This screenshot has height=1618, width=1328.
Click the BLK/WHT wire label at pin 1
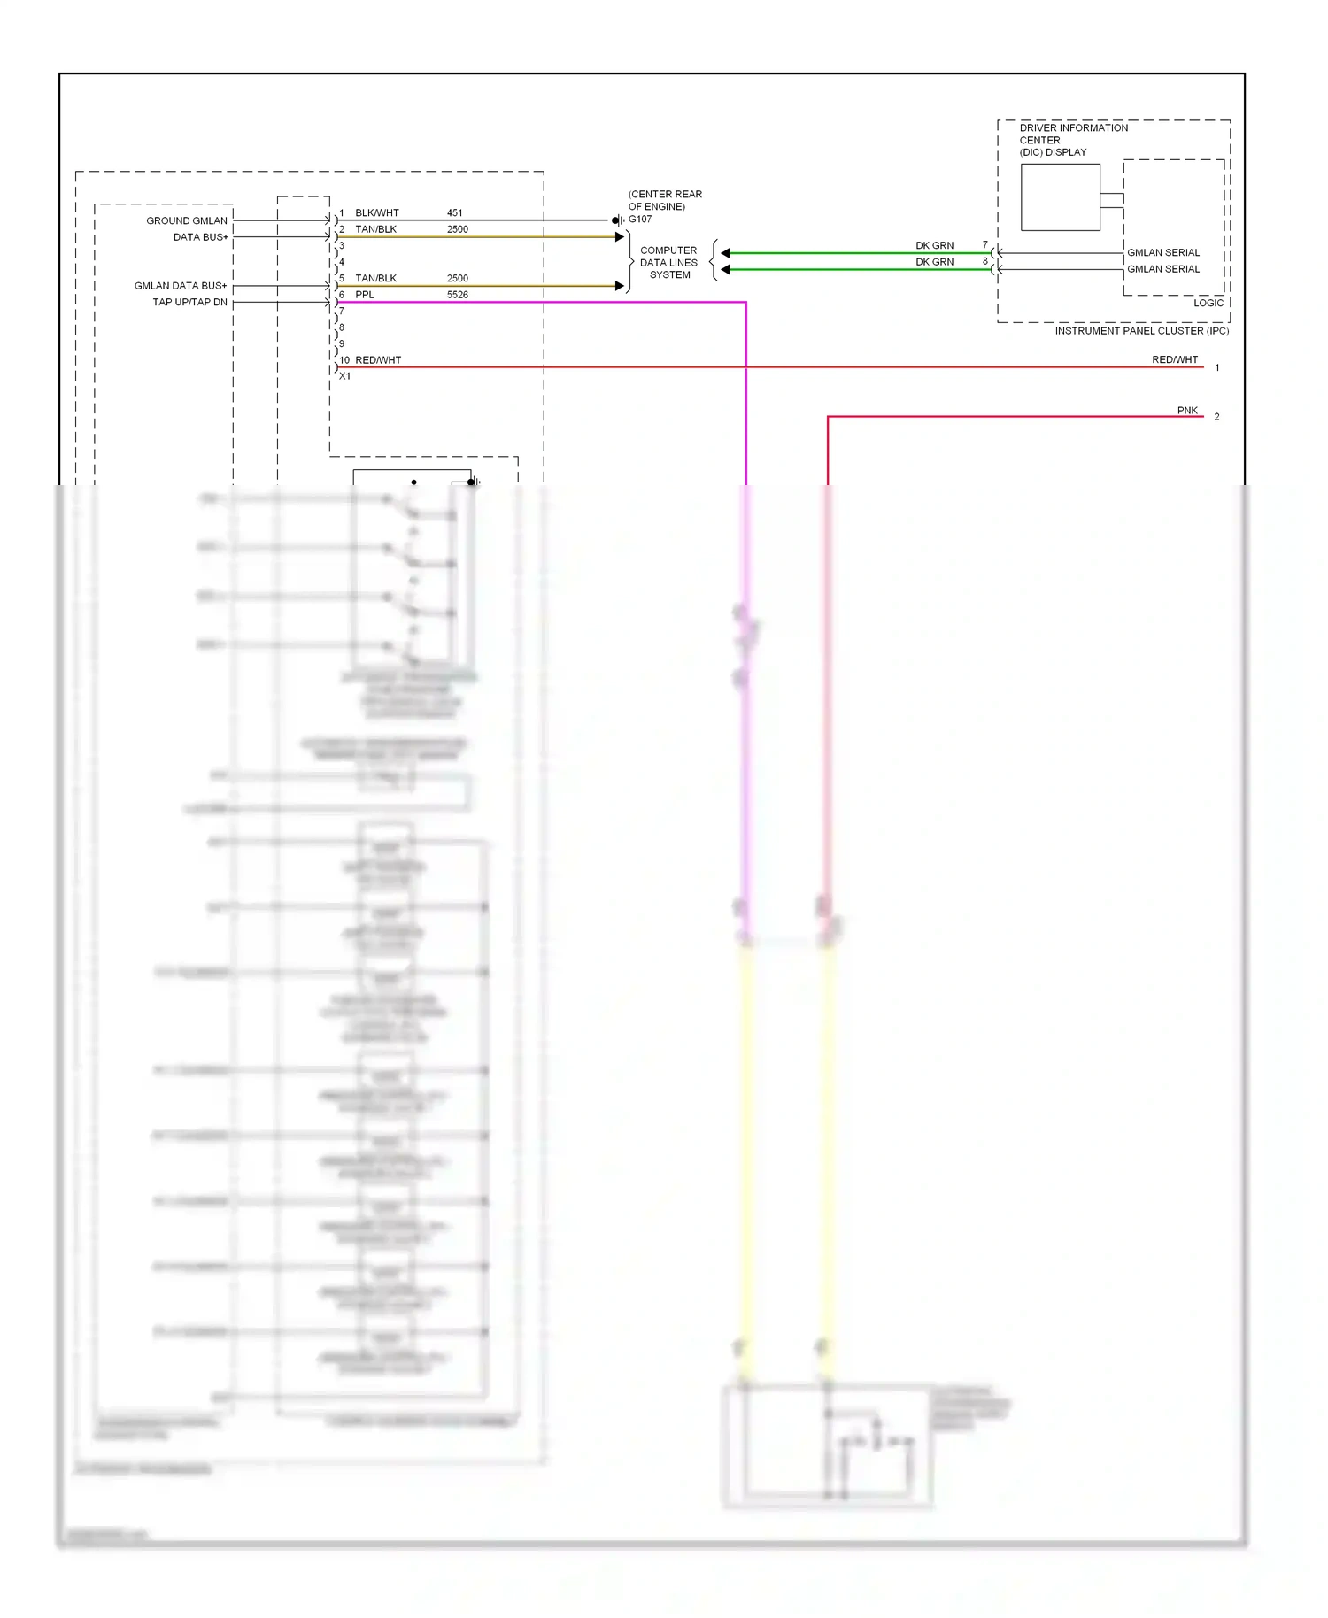click(376, 213)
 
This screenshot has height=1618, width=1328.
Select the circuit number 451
click(454, 213)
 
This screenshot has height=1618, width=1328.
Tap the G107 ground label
click(639, 220)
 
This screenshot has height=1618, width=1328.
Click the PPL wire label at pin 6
click(364, 295)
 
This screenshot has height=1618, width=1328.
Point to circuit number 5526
click(457, 295)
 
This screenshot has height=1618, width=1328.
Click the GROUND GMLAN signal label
click(186, 221)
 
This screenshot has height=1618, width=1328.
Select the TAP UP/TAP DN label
click(189, 303)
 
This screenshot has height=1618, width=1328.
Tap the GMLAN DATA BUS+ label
click(180, 286)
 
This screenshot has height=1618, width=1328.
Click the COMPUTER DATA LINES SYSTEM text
click(668, 263)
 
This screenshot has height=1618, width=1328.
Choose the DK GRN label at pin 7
click(934, 246)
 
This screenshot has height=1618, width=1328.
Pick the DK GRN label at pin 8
click(934, 262)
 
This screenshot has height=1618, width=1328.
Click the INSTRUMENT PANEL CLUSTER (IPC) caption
click(1141, 331)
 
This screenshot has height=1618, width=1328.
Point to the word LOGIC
click(1208, 303)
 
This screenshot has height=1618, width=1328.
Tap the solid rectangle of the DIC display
click(1060, 197)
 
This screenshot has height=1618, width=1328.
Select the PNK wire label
click(1186, 411)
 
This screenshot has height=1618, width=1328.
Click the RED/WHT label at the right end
click(1174, 360)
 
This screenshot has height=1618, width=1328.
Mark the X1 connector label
click(344, 376)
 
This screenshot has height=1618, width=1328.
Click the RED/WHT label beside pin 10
click(378, 360)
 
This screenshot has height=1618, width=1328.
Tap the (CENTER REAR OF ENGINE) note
click(665, 201)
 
